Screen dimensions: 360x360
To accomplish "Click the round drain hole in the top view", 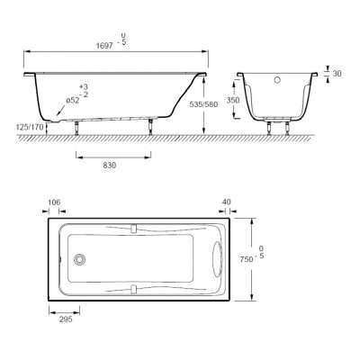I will (x=80, y=259).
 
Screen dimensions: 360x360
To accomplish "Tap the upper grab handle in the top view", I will (x=133, y=227).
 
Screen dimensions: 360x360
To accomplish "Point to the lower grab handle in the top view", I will (x=133, y=290).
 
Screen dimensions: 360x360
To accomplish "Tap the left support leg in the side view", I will (x=73, y=126).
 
